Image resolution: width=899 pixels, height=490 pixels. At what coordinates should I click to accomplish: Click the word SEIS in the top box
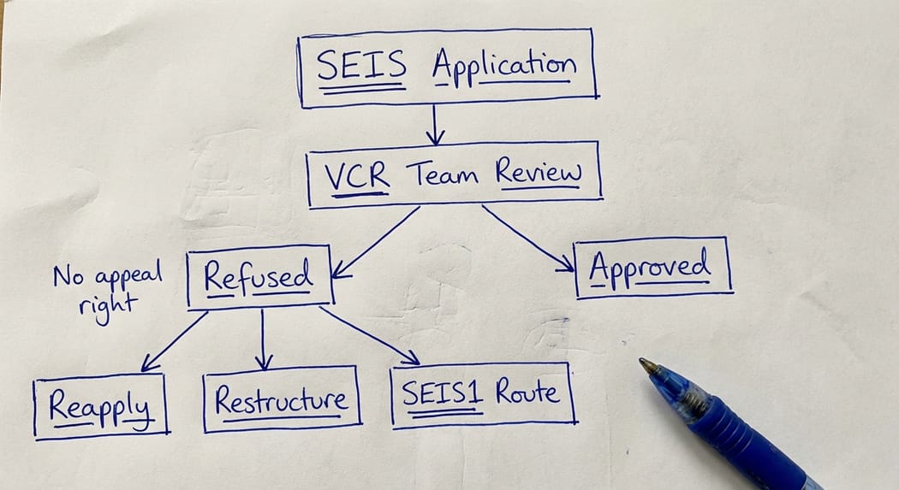(360, 67)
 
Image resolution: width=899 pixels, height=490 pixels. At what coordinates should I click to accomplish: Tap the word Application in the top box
(503, 65)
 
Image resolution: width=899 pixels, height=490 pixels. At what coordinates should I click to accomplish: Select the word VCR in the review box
(358, 176)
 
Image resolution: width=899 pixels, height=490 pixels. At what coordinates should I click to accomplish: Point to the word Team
(447, 175)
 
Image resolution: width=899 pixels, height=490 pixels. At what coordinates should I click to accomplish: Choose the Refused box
(259, 277)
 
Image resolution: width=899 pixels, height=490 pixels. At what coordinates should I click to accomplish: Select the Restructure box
(282, 398)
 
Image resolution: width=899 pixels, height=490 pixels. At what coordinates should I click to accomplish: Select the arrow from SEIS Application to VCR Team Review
(436, 126)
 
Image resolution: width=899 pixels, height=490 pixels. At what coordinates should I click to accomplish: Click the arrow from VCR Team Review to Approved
(527, 238)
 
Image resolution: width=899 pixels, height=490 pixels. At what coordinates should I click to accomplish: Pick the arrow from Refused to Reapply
(174, 341)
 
